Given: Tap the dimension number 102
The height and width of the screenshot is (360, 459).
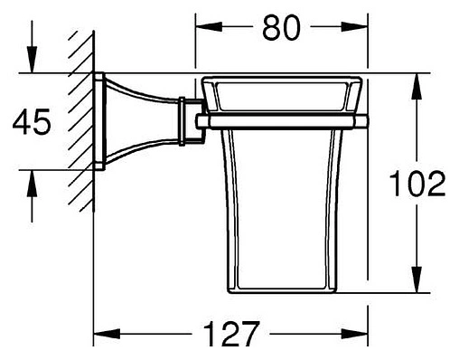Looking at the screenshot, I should tap(419, 185).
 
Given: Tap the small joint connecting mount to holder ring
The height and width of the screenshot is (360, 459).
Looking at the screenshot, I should tap(189, 119).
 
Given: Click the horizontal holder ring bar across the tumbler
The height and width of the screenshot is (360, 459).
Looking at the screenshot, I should tap(280, 119).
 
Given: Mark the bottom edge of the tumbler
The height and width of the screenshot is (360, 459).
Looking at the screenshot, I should tap(282, 289).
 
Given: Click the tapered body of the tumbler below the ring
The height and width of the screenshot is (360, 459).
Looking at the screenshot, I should tap(282, 208).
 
